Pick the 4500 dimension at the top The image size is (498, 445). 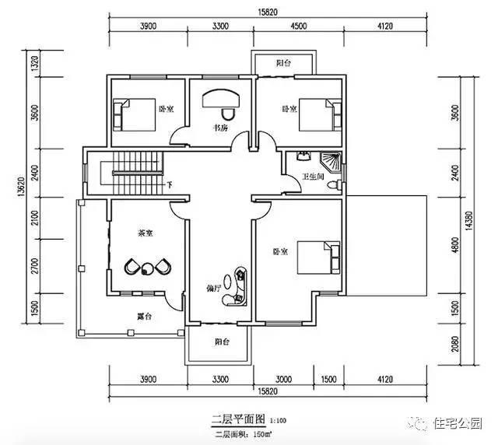point(296,26)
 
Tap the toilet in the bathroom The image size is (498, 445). point(332,186)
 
